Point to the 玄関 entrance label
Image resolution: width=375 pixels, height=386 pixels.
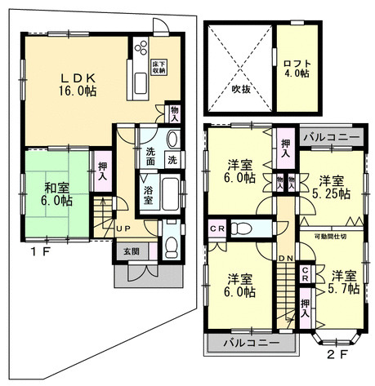(x=131, y=251)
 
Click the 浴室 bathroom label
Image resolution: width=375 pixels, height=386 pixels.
(x=148, y=193)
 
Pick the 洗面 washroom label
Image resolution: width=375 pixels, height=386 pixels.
(x=153, y=156)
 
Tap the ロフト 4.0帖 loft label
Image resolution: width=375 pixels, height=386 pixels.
(x=296, y=67)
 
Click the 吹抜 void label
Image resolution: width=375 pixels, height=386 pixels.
(x=240, y=88)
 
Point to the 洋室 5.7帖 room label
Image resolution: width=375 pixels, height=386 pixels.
(x=342, y=282)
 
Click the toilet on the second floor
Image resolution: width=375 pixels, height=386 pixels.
(x=243, y=228)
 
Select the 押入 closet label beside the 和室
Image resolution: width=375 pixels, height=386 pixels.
(x=103, y=171)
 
